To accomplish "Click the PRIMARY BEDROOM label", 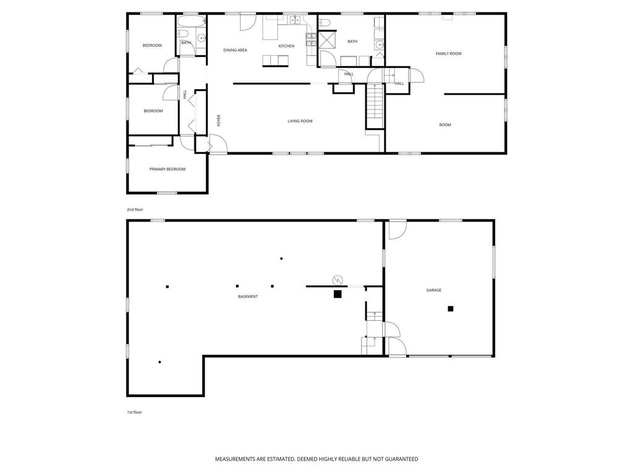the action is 168,169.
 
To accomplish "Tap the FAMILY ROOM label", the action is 448,53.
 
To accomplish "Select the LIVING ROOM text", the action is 300,121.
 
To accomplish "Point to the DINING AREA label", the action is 235,50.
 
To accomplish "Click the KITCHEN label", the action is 286,46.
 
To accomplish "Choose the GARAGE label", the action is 433,290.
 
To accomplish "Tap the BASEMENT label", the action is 248,296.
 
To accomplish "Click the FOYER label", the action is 219,121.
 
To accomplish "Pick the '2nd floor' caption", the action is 135,210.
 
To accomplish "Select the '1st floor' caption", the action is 134,413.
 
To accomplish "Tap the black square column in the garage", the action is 451,309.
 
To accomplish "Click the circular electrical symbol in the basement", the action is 337,280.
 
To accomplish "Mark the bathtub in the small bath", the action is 192,22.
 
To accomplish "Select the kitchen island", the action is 276,61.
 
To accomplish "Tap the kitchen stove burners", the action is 310,40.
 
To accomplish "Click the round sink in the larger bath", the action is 379,45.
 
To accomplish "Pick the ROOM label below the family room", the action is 445,125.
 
